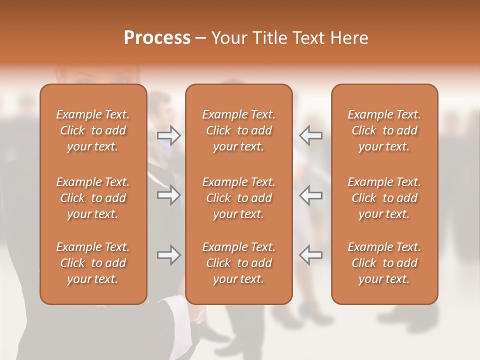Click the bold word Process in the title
click(157, 38)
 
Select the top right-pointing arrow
click(169, 135)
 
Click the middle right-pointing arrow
click(169, 195)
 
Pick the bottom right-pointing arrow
click(169, 255)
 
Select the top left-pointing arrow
click(310, 135)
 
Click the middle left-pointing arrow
click(310, 195)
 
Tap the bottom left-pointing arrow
click(310, 255)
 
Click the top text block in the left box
click(93, 130)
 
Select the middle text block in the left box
click(93, 198)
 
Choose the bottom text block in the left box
click(93, 263)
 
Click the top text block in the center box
click(239, 130)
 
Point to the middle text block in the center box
click(239, 198)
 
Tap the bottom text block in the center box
click(239, 263)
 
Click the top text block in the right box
click(384, 130)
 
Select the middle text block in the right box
click(384, 198)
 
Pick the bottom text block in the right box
click(384, 263)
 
